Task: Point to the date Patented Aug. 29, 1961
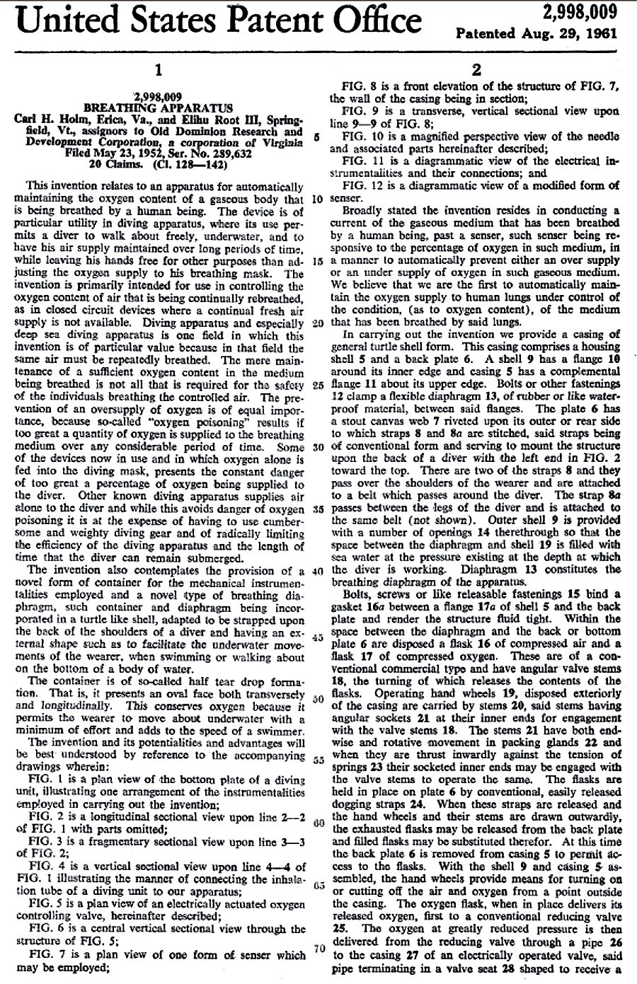[x=537, y=33]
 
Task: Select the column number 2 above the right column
[x=476, y=71]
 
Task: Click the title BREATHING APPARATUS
[x=158, y=108]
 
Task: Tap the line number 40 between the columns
[x=316, y=570]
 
